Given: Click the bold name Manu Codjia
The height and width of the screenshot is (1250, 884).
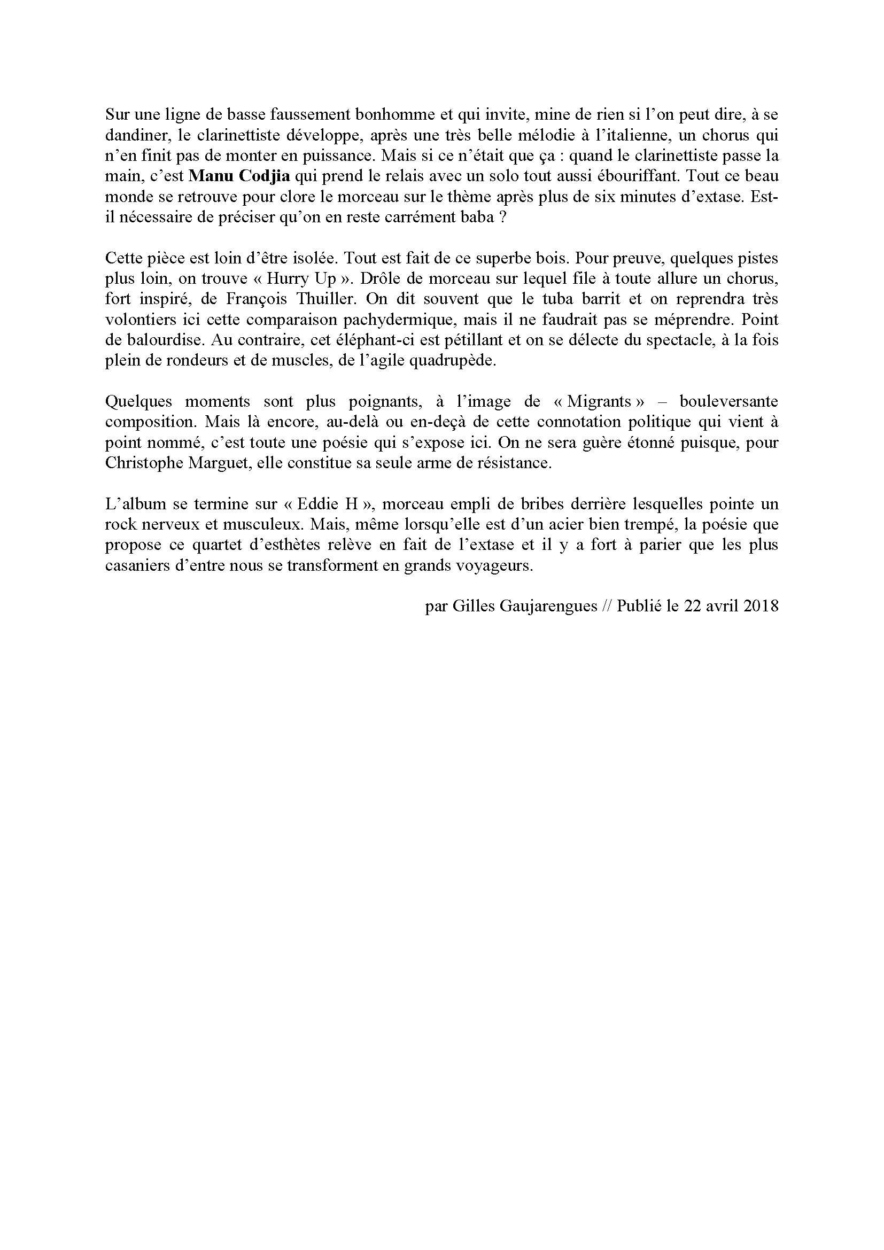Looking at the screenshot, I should (238, 177).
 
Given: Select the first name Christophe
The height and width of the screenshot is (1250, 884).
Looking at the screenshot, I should (143, 463).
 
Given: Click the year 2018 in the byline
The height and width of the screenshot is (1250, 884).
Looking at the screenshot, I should (761, 607).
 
